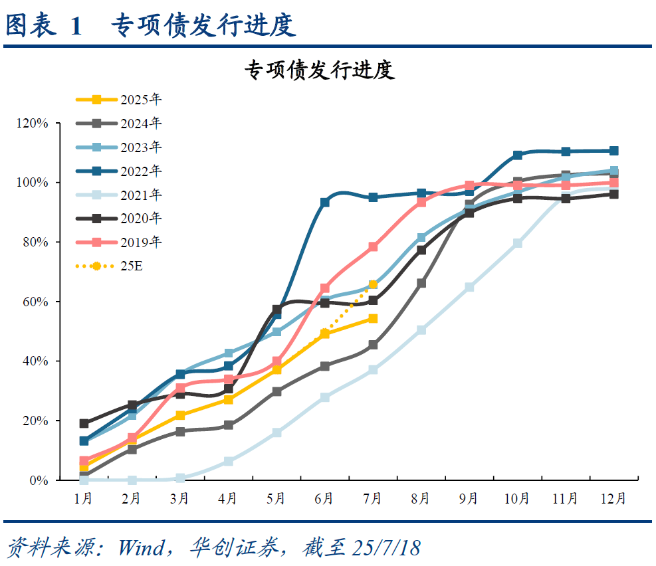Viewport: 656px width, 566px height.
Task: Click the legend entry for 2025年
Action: click(120, 100)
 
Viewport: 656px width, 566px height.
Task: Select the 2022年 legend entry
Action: click(120, 171)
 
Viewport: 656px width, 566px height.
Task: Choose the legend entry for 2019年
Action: click(120, 242)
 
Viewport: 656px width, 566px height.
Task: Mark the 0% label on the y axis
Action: click(39, 480)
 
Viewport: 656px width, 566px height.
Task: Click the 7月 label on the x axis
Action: click(373, 498)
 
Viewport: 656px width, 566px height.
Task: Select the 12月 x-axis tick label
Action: click(613, 498)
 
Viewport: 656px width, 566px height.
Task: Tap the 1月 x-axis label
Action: click(84, 498)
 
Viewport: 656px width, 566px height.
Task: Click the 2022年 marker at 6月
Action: click(325, 202)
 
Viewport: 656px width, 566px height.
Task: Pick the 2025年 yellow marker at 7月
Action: click(373, 319)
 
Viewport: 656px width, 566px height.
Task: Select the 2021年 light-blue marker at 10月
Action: click(517, 243)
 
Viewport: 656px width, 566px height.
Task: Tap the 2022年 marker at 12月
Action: click(613, 151)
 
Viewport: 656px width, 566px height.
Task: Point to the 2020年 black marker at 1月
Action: click(84, 423)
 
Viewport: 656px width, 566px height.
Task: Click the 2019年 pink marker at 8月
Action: click(421, 202)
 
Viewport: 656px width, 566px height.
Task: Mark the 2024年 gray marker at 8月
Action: click(421, 283)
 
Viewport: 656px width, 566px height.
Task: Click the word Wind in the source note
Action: click(140, 548)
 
